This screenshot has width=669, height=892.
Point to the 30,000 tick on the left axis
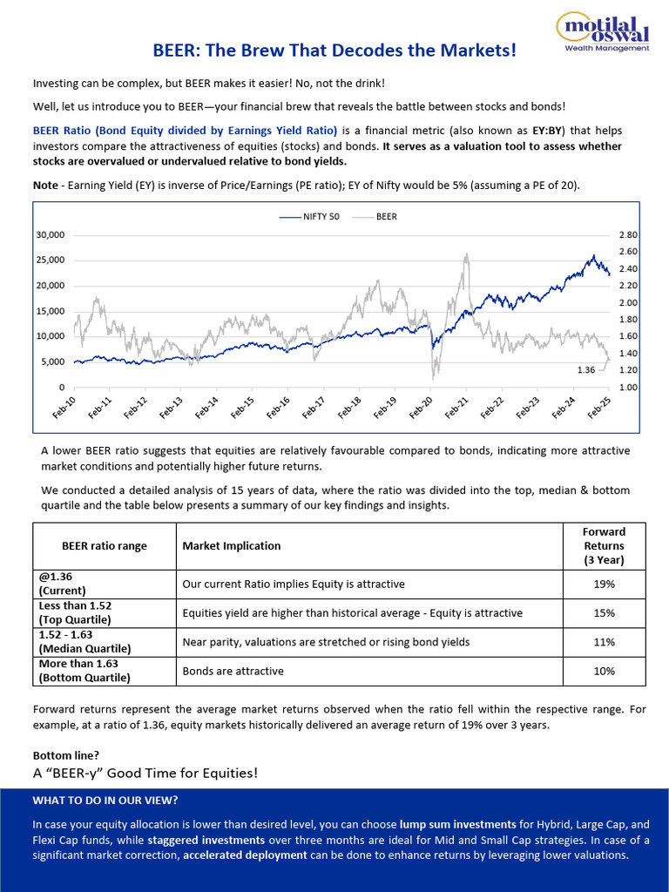pyautogui.click(x=50, y=235)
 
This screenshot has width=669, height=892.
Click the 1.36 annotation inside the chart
pyautogui.click(x=585, y=370)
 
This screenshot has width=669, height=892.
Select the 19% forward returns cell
pyautogui.click(x=605, y=584)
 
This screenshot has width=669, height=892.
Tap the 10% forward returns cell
pyautogui.click(x=605, y=671)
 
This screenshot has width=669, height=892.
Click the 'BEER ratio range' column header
pyautogui.click(x=105, y=546)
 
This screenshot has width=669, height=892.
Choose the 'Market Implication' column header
pyautogui.click(x=232, y=546)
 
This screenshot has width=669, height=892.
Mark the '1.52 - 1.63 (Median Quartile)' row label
pyautogui.click(x=84, y=642)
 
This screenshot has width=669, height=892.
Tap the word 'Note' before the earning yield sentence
pyautogui.click(x=45, y=186)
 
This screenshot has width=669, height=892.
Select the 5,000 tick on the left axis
pyautogui.click(x=52, y=362)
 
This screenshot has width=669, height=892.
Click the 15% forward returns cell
pyautogui.click(x=605, y=613)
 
